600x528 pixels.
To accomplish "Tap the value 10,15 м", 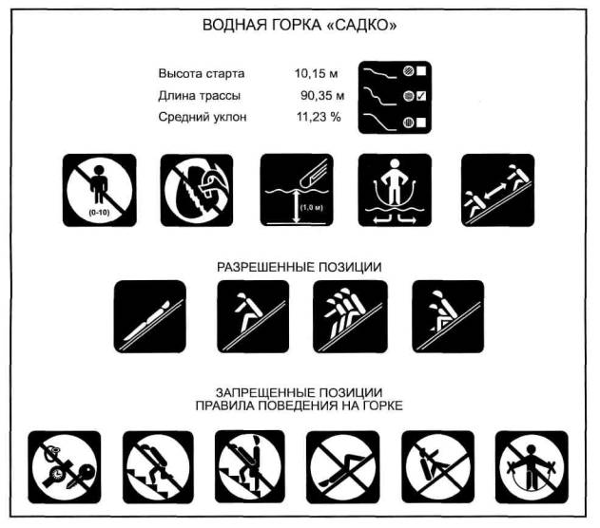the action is point(316,73).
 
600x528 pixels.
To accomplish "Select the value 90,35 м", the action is point(322,95).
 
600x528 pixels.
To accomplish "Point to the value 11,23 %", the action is point(319,117).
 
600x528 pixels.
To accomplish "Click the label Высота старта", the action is point(202,73).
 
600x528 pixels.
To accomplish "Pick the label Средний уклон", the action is point(202,117).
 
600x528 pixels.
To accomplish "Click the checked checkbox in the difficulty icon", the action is point(421,96).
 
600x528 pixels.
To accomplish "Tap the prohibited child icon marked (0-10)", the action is point(100,190).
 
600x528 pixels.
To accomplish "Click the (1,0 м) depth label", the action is point(312,208).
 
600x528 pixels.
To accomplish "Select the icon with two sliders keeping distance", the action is point(497,190).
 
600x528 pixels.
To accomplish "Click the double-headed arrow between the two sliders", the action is point(495,190).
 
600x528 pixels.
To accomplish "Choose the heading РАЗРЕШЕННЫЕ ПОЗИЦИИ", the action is point(300,267).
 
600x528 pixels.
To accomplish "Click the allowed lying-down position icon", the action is point(150,316).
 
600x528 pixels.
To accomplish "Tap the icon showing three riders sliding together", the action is point(350,316).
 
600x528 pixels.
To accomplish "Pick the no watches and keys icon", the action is point(65,467).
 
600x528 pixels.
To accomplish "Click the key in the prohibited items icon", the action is point(81,476).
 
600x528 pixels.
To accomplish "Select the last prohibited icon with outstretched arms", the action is point(532,467).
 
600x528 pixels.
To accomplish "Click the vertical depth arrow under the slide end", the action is point(296,207).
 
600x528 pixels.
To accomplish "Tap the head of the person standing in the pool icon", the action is point(395,164).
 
